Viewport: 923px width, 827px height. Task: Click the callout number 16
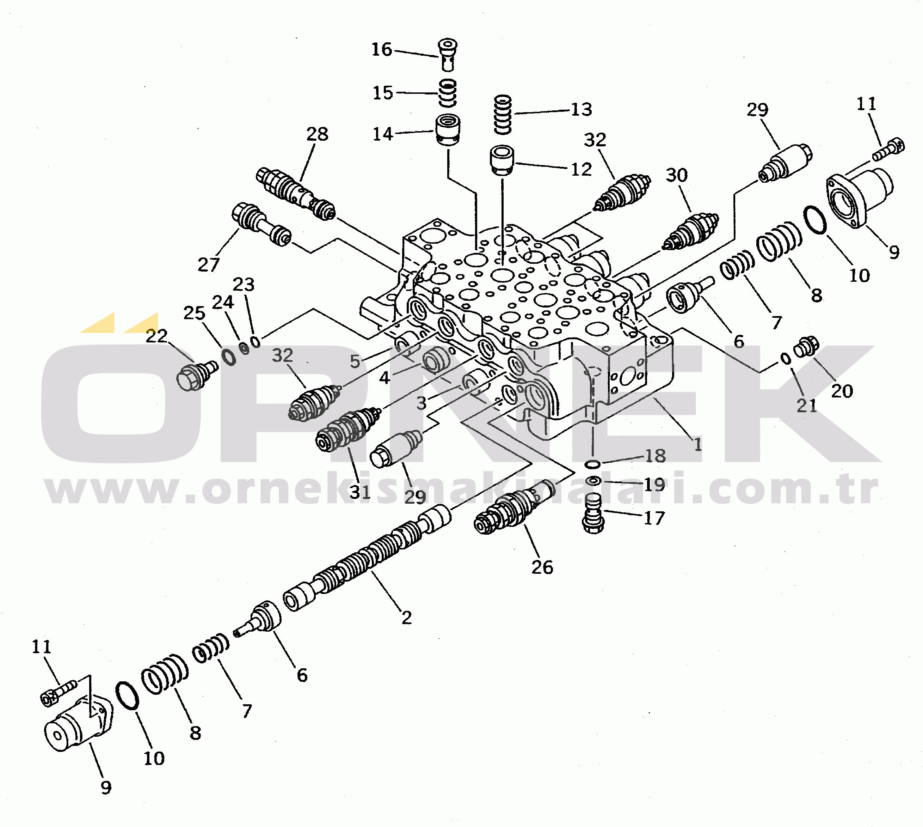click(x=381, y=49)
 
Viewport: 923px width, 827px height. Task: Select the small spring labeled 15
click(x=448, y=93)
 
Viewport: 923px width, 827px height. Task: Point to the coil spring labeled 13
click(x=503, y=115)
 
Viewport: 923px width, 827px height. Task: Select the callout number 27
click(x=208, y=264)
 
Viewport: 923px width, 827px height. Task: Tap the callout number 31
click(x=360, y=492)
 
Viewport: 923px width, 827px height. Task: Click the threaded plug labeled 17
click(x=593, y=513)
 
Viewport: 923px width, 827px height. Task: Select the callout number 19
click(x=654, y=485)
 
